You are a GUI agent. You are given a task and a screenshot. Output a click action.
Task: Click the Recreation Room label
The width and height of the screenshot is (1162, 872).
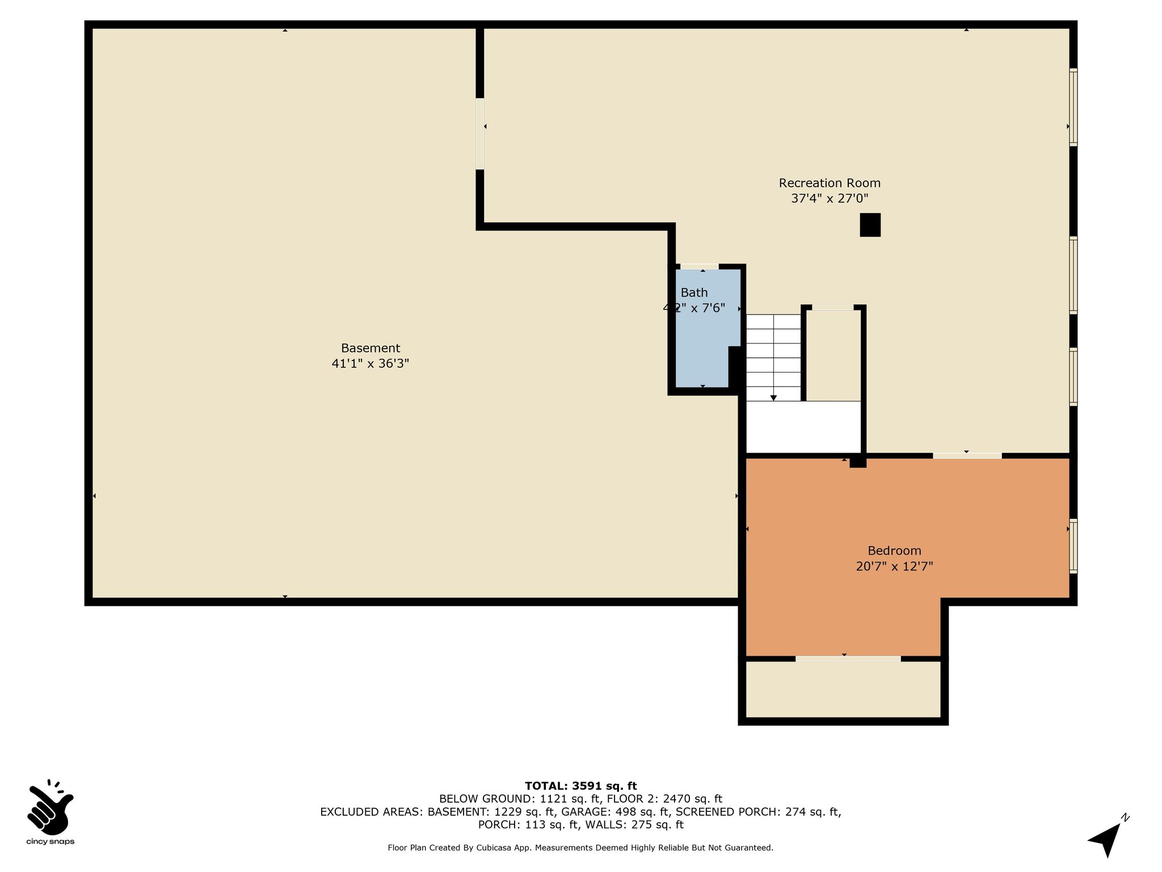click(x=830, y=183)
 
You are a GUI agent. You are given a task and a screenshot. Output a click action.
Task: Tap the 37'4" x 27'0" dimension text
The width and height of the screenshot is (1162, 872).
click(x=830, y=198)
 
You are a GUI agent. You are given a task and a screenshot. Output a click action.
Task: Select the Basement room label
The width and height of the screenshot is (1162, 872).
click(x=371, y=348)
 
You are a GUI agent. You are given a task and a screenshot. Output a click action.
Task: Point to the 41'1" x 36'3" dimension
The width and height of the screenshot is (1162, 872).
click(x=371, y=363)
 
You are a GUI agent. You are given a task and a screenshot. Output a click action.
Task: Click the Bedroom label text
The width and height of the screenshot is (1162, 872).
click(x=894, y=551)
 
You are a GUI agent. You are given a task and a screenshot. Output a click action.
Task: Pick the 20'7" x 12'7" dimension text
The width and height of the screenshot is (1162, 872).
click(x=894, y=566)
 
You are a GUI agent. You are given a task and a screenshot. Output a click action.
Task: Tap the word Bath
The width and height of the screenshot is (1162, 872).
click(x=694, y=292)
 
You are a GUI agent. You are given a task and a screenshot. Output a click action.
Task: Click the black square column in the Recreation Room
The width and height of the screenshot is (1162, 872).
click(x=870, y=225)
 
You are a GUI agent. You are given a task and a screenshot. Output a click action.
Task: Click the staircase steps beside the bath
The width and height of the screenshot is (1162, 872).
click(x=773, y=358)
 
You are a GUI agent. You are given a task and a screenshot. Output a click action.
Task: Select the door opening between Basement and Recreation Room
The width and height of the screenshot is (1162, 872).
click(x=480, y=134)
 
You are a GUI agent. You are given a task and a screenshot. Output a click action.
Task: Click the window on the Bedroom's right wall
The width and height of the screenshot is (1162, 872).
click(x=1073, y=546)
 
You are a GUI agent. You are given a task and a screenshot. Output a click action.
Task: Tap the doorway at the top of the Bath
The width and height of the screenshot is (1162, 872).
click(x=700, y=266)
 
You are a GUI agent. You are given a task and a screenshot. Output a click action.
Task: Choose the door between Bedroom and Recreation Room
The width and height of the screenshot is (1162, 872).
click(x=967, y=455)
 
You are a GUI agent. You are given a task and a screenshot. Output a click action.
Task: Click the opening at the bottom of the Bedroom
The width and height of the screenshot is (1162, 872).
click(x=848, y=659)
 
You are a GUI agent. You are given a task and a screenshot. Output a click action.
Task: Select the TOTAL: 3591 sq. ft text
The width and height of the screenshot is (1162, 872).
click(x=581, y=786)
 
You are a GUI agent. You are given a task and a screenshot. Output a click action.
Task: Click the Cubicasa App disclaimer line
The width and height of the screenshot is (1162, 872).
click(x=580, y=848)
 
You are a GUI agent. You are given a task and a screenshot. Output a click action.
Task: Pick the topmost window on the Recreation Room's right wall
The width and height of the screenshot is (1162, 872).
click(x=1073, y=107)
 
